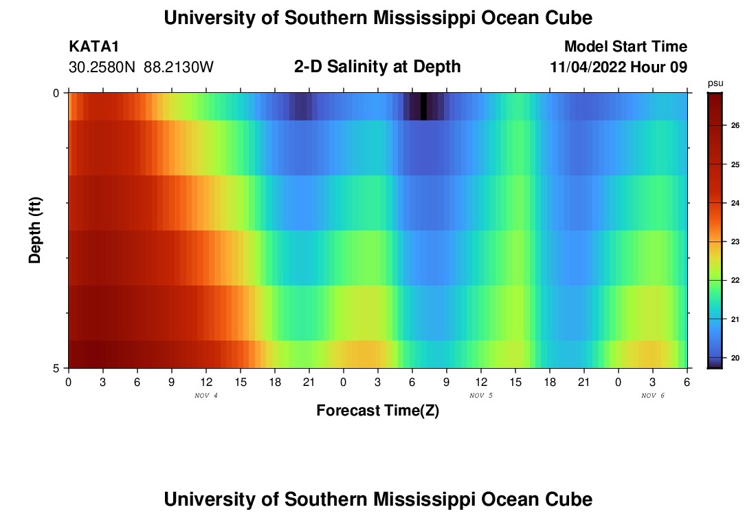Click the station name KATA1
[x=95, y=47]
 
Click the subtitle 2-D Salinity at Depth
[x=377, y=67]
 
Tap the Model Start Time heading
[x=625, y=47]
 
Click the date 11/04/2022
[x=588, y=67]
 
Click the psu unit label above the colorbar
[x=715, y=83]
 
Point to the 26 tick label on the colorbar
[x=735, y=126]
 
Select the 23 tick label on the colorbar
[x=735, y=242]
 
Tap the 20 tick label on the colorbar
[x=735, y=358]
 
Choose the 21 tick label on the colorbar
[x=735, y=319]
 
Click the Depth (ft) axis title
[x=36, y=230]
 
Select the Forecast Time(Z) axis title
[x=377, y=411]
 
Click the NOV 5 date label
[x=481, y=396]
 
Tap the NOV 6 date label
[x=653, y=396]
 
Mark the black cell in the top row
[x=423, y=106]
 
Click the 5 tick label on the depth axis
[x=56, y=368]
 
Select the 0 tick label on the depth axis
[x=56, y=93]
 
